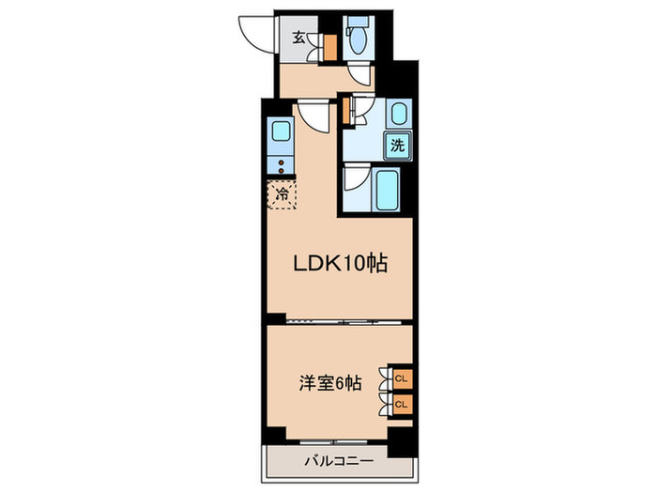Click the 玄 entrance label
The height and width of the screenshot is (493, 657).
tap(298, 39)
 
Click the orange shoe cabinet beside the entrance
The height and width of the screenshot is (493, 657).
tap(329, 47)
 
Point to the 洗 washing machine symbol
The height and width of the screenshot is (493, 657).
tap(397, 146)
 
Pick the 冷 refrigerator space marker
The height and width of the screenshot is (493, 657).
tap(281, 195)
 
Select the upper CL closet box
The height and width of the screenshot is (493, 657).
tap(401, 377)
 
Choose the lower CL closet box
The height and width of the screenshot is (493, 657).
tap(401, 404)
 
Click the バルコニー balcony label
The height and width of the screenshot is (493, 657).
tap(339, 461)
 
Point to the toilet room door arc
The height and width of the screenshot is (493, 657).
tap(358, 76)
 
